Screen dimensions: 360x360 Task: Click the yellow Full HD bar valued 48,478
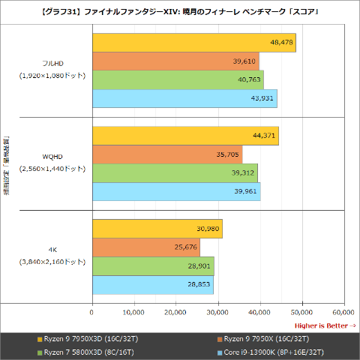193,43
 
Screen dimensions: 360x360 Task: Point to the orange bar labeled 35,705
166,154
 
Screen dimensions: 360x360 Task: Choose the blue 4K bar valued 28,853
152,285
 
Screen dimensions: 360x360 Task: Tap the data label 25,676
186,247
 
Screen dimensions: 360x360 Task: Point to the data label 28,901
199,266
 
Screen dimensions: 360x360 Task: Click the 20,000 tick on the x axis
175,312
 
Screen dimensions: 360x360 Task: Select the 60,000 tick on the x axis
343,312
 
